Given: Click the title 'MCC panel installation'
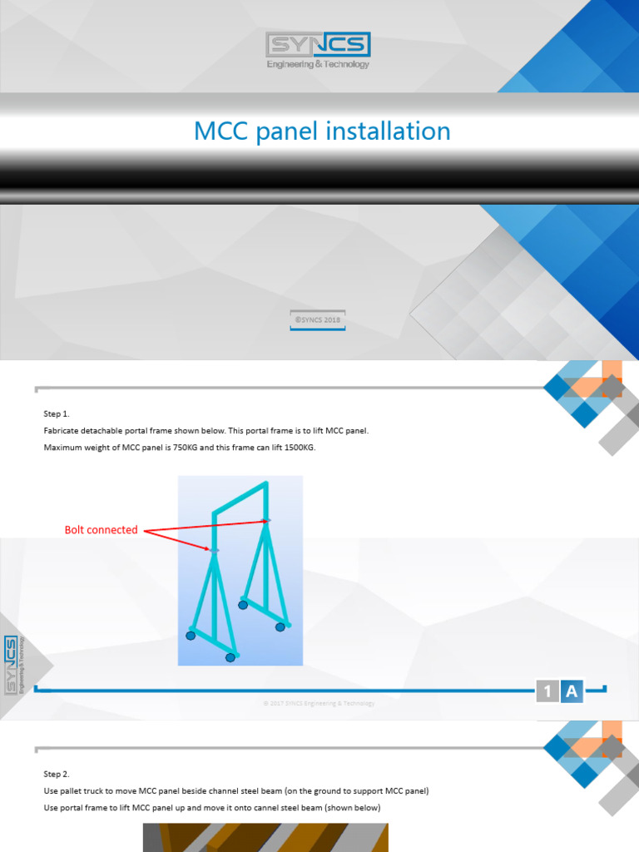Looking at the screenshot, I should [322, 131].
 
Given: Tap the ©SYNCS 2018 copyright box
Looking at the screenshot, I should [318, 319].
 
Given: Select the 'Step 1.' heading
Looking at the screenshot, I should [57, 414].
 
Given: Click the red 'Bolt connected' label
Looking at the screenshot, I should [102, 530].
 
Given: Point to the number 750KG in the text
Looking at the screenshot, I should [176, 448].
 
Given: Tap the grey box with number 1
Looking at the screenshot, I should [547, 691].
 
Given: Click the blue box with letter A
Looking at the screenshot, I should [571, 691].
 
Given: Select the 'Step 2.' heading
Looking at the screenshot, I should [57, 773].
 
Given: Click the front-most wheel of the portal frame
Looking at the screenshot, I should [230, 657].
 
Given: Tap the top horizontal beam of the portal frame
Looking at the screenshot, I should [240, 498].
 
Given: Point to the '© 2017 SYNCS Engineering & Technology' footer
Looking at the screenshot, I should [319, 704].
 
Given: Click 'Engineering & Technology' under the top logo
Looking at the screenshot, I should [318, 65].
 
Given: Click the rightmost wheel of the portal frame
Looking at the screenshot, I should [280, 627].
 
